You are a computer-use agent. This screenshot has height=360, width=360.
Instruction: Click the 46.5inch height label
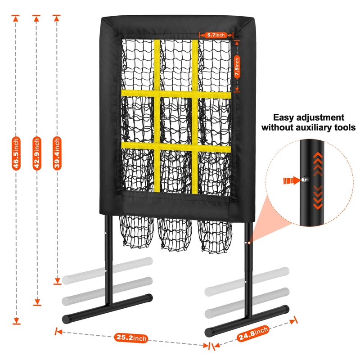tap(16, 153)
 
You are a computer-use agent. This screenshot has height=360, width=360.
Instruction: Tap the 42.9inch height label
tap(37, 153)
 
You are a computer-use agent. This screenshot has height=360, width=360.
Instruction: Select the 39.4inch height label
tap(57, 153)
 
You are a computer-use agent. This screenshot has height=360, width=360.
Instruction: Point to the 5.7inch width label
tap(216, 35)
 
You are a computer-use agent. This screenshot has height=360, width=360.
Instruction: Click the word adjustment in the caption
tap(320, 117)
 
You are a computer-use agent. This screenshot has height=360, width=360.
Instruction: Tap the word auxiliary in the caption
tap(314, 127)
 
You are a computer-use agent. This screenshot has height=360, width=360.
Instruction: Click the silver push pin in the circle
tap(305, 179)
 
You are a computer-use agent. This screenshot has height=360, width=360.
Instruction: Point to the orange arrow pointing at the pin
tap(292, 181)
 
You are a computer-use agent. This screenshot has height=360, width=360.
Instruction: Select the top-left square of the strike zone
tap(138, 64)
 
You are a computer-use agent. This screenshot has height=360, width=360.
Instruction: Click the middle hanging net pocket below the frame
tap(175, 234)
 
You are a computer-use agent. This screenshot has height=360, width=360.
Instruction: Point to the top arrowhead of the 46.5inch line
tap(16, 18)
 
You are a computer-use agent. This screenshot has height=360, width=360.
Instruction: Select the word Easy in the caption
tap(283, 118)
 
